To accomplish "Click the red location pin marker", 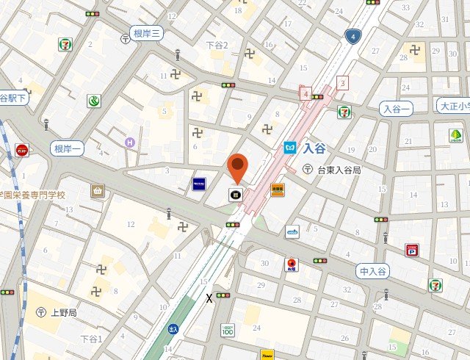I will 236,168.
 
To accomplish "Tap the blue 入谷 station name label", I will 314,147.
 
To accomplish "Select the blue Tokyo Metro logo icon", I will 291,147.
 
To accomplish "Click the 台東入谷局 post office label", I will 339,170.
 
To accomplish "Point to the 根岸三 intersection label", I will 147,33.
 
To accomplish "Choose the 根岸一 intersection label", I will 68,149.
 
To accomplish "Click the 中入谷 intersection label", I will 373,272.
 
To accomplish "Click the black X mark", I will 209,298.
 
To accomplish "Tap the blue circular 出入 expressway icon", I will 173,329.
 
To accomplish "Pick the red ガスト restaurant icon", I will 22,150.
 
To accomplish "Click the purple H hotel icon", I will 130,142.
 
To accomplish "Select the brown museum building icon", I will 98,191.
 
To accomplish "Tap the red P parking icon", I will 411,250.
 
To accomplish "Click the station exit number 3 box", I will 341,83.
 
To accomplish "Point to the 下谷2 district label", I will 217,46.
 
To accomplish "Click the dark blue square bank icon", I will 199,184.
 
